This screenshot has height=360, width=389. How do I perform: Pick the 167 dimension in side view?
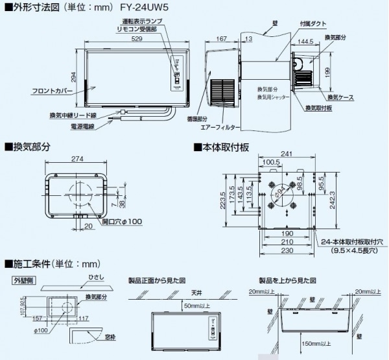click(x=222, y=40)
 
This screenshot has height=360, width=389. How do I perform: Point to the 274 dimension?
click(x=78, y=159)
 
